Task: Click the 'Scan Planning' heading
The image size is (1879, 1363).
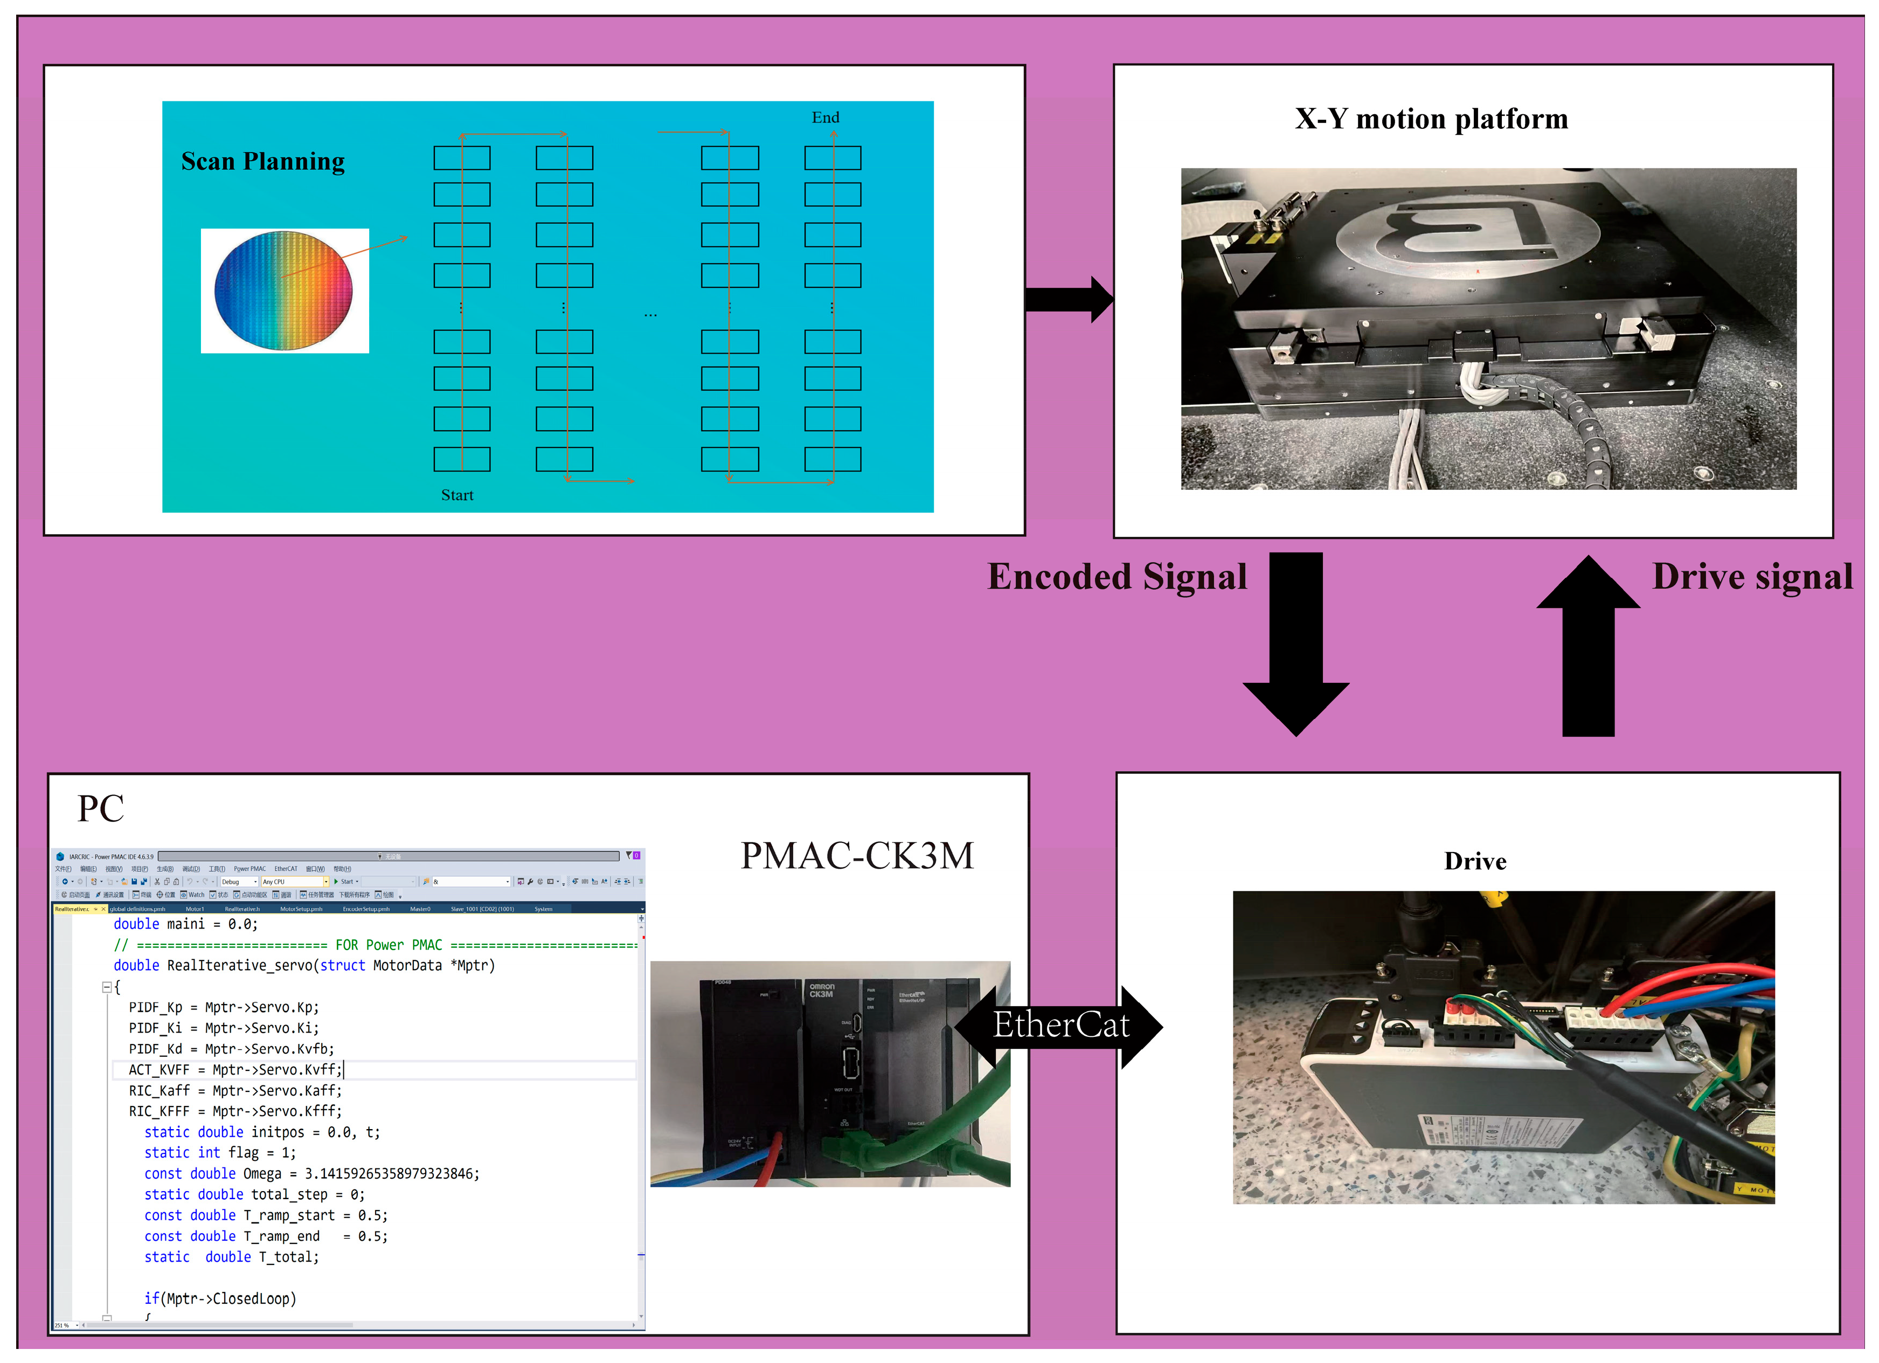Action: [262, 162]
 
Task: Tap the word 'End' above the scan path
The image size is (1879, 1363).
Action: [825, 117]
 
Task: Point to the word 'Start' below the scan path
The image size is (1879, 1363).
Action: [456, 495]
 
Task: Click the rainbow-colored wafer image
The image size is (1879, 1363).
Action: [283, 289]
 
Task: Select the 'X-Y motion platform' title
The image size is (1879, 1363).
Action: [1431, 119]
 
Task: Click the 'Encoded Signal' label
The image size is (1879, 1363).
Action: [1117, 577]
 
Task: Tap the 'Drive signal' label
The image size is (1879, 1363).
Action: [1751, 577]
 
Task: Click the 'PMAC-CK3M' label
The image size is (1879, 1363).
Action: [857, 856]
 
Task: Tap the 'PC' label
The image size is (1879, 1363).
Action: [100, 808]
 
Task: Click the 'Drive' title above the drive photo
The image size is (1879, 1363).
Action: [1475, 862]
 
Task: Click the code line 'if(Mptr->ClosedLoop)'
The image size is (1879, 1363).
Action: [219, 1298]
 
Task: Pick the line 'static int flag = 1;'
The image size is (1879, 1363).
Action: [219, 1153]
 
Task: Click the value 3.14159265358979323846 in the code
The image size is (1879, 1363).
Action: [391, 1173]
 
